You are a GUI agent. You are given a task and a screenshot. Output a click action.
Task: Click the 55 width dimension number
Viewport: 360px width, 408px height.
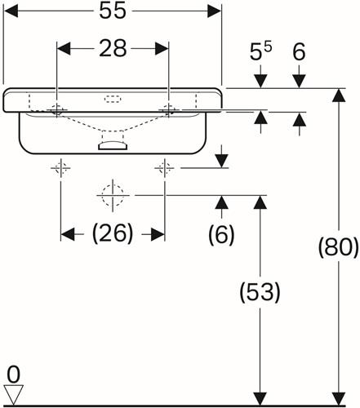pos(113,11)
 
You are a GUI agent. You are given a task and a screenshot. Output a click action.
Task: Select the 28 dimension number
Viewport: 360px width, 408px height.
pos(113,48)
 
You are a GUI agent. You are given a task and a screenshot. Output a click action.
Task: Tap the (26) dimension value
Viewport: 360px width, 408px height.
pos(113,233)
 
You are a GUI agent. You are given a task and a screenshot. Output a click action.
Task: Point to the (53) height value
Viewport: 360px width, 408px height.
pos(260,292)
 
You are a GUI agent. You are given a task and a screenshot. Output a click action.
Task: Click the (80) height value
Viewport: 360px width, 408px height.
pos(339,247)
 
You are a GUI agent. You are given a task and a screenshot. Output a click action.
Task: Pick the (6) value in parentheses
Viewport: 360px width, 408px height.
pos(221,234)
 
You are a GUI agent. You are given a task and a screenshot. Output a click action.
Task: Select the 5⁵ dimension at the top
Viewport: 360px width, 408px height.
pos(260,51)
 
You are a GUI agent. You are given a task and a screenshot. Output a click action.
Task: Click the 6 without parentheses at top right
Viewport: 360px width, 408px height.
pos(299,51)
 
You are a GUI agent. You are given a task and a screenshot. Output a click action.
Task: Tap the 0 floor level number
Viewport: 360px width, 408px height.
pos(13,375)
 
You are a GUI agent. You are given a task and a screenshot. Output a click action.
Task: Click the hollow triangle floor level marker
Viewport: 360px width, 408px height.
pos(13,394)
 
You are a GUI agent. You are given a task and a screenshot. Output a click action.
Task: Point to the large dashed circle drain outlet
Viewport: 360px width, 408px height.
pos(113,195)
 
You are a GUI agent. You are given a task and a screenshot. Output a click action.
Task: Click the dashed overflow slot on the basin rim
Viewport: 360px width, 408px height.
pos(113,99)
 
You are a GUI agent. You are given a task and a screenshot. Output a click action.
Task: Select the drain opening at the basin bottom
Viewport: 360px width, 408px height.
pos(113,145)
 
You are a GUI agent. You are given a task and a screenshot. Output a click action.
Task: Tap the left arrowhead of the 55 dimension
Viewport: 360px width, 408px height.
pos(11,11)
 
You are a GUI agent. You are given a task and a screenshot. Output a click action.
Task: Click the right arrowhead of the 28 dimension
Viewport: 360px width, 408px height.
pos(162,49)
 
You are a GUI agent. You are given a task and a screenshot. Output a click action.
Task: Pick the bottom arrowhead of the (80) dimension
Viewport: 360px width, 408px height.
pos(339,398)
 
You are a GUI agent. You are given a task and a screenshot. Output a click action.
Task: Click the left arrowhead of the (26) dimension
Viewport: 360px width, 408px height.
pos(67,234)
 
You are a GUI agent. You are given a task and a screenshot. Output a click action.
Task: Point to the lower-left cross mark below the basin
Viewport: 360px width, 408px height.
pos(60,168)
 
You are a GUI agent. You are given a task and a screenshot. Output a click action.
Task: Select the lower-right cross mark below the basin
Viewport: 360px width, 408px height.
pos(164,168)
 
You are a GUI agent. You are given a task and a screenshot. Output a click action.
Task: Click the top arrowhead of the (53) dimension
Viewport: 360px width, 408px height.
pos(260,202)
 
